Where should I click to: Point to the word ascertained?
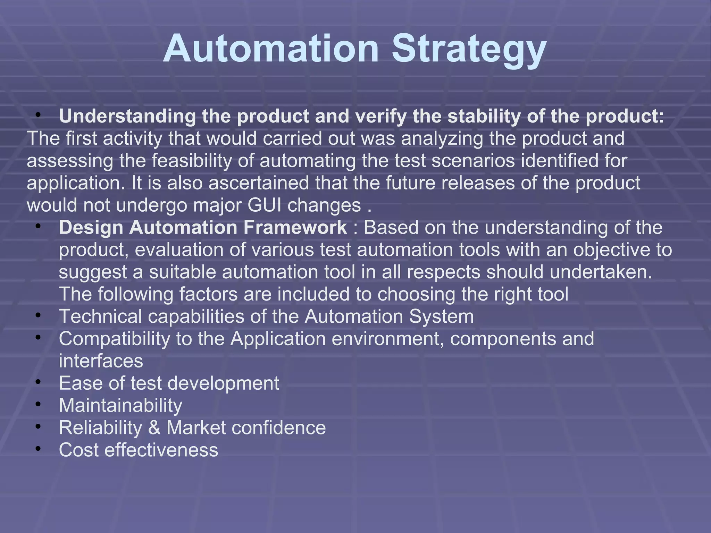coord(259,183)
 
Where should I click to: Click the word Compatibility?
coord(114,339)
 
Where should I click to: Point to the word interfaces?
coord(101,361)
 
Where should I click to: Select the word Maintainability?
coord(120,405)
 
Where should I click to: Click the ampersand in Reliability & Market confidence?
coord(154,428)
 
